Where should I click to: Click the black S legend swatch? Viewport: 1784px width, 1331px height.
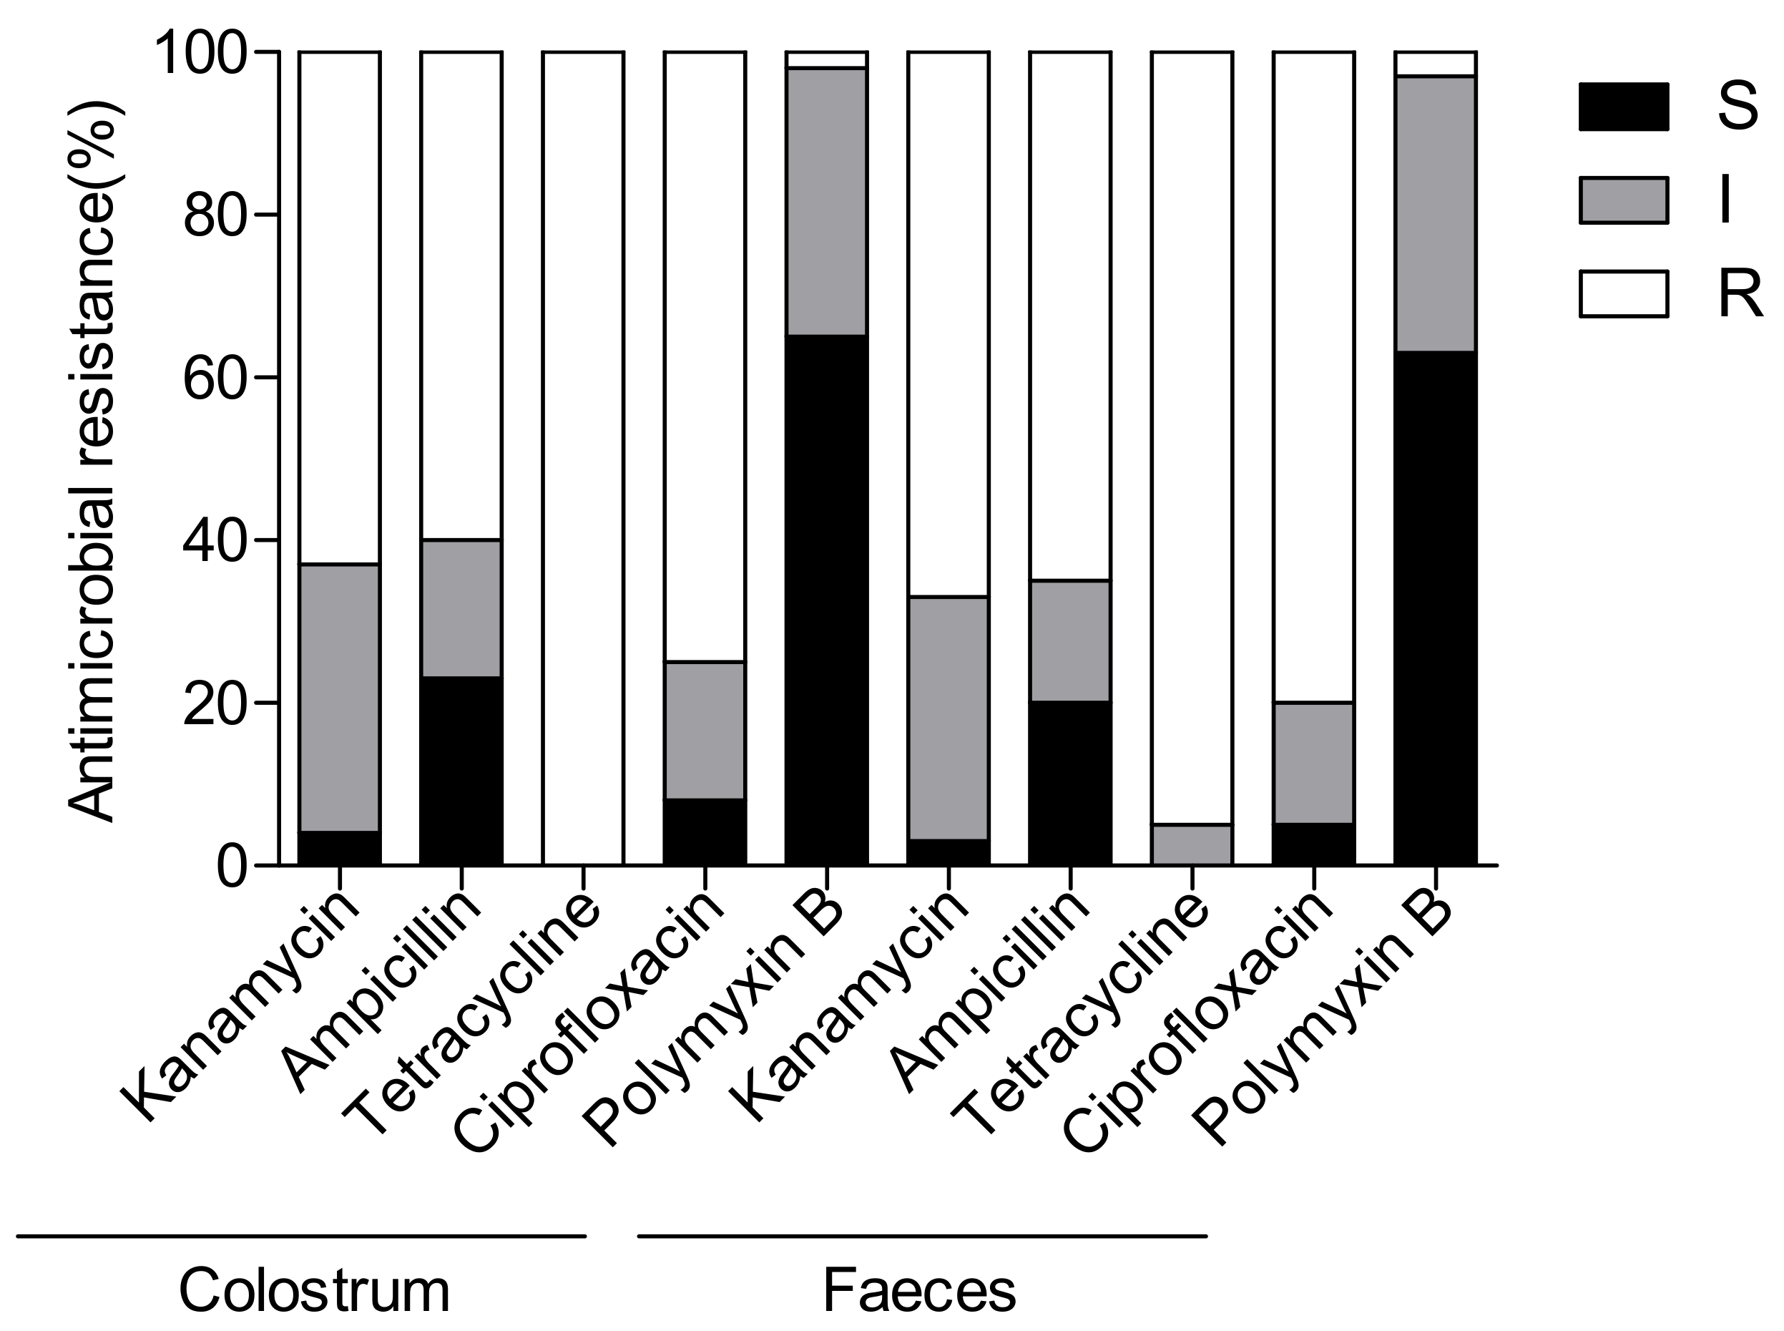pos(1622,107)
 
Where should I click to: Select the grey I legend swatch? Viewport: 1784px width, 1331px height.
pos(1622,200)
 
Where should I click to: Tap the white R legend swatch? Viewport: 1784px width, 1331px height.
pos(1622,294)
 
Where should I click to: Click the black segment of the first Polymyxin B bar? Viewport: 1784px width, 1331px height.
pos(826,600)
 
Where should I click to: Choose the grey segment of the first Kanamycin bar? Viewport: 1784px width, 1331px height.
pos(339,697)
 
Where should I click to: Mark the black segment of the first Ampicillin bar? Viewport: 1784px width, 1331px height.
pos(461,770)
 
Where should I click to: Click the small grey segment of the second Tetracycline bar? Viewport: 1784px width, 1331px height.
pos(1191,844)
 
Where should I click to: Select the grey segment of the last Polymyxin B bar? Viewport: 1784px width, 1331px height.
pos(1434,213)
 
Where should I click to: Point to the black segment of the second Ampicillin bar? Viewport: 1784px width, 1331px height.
pos(1069,783)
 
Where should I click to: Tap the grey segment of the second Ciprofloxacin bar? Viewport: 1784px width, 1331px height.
pos(1313,762)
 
